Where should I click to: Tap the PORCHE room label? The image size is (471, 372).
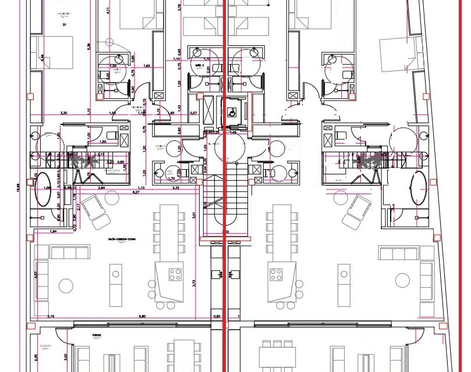[97, 336]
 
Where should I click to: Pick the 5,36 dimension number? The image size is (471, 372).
[88, 46]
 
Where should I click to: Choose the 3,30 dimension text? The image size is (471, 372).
[65, 113]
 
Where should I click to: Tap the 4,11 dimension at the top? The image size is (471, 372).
[108, 10]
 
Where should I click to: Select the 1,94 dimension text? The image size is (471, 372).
[54, 231]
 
